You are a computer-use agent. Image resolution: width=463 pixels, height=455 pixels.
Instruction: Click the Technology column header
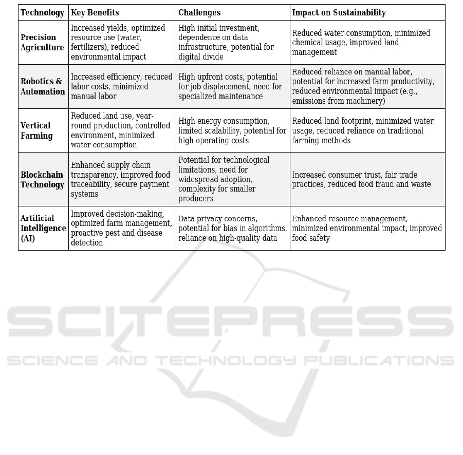[43, 12]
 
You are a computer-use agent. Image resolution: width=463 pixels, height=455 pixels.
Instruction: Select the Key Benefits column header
[95, 12]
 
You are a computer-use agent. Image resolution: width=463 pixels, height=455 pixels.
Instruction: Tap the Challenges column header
[199, 12]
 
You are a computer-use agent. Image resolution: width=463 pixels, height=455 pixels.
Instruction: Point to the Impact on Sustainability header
[339, 12]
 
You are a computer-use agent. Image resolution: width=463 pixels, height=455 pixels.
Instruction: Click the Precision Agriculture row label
[42, 43]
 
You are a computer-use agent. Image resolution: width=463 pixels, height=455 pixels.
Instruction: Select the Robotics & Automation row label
[43, 86]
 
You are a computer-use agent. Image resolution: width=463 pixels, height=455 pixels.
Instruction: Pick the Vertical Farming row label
[36, 130]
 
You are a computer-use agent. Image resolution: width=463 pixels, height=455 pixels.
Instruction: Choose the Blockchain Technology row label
[42, 179]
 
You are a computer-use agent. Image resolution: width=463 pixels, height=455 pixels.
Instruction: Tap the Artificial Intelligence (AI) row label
[43, 228]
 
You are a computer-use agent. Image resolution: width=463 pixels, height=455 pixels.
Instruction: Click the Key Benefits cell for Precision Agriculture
[121, 43]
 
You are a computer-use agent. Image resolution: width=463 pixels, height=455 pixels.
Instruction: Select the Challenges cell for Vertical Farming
[232, 130]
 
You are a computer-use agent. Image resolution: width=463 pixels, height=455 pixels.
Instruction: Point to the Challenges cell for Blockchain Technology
[232, 179]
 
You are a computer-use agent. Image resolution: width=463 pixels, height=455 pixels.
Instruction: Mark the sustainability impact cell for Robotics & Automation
[367, 86]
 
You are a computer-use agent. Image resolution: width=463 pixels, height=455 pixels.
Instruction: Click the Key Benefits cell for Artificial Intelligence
[121, 228]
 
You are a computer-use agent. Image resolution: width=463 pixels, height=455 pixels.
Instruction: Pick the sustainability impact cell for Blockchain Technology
[367, 179]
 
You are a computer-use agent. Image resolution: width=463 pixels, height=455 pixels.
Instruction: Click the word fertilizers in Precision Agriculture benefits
[89, 47]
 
